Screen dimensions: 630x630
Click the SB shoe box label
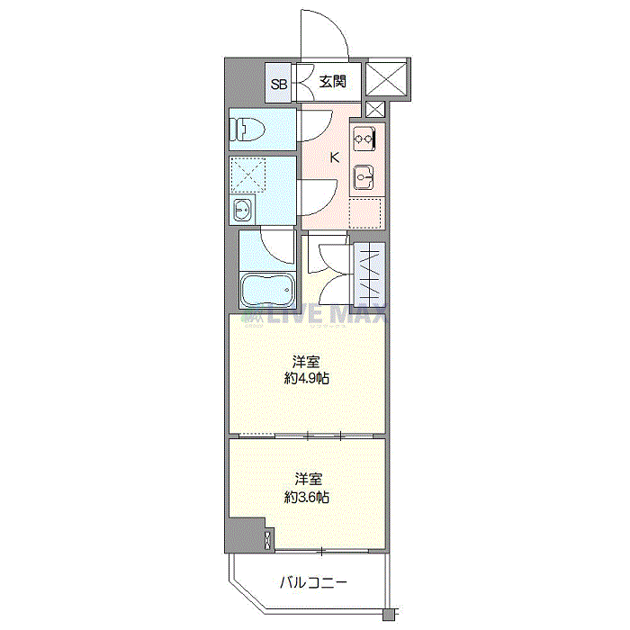click(x=279, y=85)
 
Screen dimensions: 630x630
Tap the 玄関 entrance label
click(x=333, y=82)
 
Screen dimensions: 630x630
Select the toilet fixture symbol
click(x=247, y=129)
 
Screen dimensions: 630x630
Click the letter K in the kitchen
click(x=334, y=157)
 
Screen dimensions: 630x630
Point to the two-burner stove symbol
click(x=364, y=139)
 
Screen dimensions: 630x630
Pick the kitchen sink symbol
click(x=364, y=177)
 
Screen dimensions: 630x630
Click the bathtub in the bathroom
click(x=266, y=290)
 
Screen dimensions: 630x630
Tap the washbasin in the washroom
click(x=242, y=210)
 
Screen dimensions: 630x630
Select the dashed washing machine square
click(x=248, y=175)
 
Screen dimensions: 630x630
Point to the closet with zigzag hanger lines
click(x=370, y=274)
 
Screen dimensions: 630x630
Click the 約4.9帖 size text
click(x=307, y=378)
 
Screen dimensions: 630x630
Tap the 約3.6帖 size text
click(x=307, y=497)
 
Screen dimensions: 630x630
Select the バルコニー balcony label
click(x=313, y=582)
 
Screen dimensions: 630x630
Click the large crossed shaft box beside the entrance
click(x=386, y=79)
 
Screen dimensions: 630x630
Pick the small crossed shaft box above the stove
click(x=375, y=109)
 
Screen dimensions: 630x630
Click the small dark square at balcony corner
click(x=388, y=615)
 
